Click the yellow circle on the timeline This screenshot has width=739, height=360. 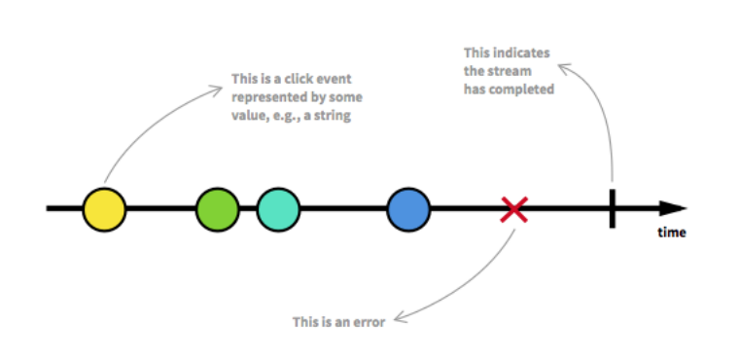[x=105, y=209]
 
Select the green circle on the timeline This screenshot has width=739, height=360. [x=218, y=209]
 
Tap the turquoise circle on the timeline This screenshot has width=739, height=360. [x=278, y=209]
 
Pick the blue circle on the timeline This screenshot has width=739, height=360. [x=408, y=209]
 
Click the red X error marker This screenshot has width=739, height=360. [x=513, y=209]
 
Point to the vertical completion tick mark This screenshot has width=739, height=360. [x=613, y=208]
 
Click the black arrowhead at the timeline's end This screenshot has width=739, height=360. [x=673, y=208]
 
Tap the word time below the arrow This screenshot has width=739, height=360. [x=672, y=233]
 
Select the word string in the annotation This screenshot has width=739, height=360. [x=335, y=116]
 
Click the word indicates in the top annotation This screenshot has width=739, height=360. [x=525, y=53]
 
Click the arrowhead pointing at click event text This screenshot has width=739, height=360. [x=216, y=89]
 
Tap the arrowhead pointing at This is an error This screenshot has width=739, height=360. [x=400, y=318]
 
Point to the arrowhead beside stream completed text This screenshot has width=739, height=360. [x=564, y=68]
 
